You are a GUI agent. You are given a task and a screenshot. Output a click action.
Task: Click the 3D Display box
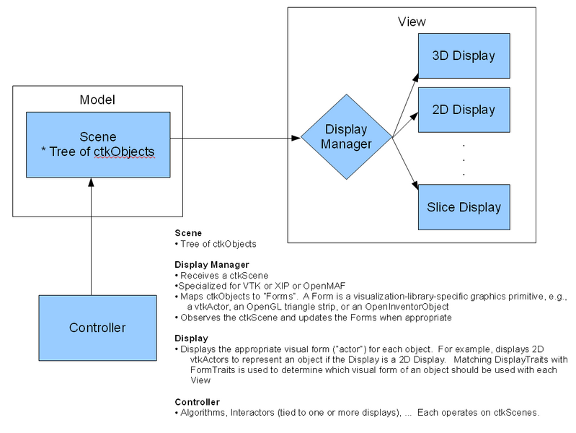464,56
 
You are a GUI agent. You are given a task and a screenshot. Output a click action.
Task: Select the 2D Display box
464,110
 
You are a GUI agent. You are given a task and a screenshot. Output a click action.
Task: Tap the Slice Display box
464,207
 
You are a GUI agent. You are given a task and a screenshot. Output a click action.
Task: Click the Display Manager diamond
347,137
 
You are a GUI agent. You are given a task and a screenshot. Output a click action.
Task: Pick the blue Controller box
98,328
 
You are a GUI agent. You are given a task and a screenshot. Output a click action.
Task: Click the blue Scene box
98,144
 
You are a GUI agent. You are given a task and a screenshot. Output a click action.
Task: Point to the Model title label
97,100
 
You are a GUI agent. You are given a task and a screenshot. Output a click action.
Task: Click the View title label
412,22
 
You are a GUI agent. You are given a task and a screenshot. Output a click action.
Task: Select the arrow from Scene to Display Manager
236,139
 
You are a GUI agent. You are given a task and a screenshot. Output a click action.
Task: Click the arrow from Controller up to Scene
91,237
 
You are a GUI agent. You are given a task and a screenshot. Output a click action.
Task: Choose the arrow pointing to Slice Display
406,164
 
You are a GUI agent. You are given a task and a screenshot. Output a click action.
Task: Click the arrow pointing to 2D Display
405,125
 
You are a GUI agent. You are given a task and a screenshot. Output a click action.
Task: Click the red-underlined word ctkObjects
124,152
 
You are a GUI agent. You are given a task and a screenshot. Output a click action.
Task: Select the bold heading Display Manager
212,265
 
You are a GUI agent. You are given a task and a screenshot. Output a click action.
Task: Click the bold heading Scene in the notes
188,233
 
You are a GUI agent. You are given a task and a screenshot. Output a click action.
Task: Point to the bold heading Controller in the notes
198,402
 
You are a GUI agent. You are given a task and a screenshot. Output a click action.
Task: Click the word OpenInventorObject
407,307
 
